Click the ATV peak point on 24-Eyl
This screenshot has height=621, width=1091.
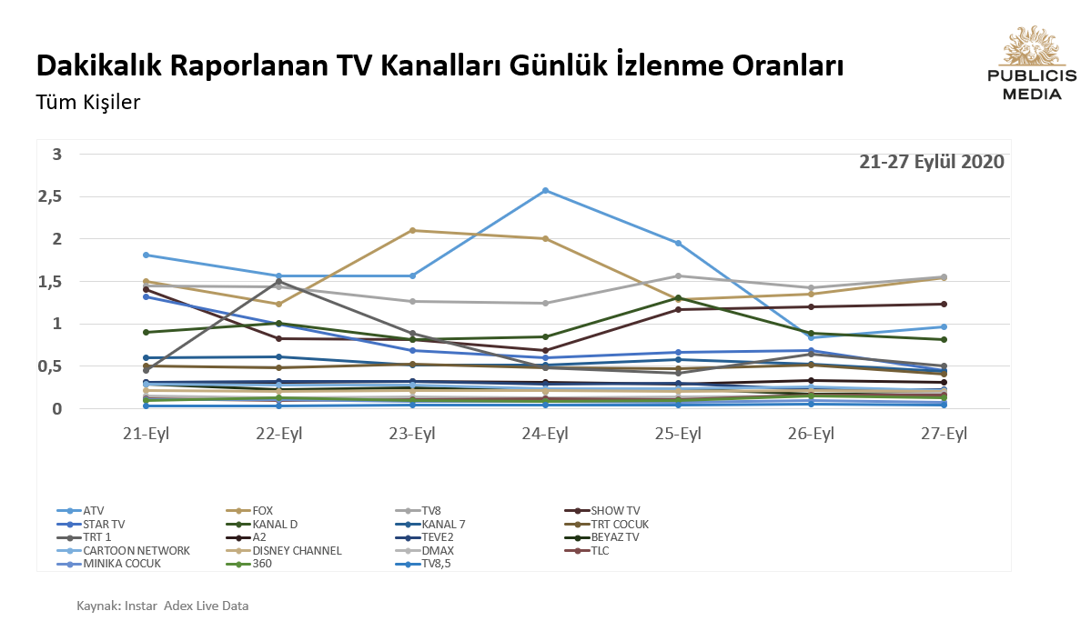[545, 190]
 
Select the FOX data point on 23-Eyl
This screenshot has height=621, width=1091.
[412, 230]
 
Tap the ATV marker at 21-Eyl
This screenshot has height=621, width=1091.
[146, 255]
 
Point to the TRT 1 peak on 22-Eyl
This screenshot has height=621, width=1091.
[279, 281]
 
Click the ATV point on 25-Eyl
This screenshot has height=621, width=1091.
[678, 243]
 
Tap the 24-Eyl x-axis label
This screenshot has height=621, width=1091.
[545, 434]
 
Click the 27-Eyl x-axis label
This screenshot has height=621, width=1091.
[944, 434]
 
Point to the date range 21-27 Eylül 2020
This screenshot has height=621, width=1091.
[931, 162]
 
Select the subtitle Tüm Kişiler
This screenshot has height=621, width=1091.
[87, 102]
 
